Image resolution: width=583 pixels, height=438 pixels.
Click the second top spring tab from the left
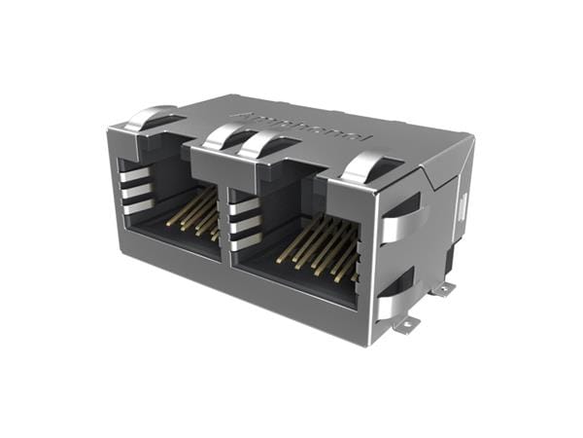225,136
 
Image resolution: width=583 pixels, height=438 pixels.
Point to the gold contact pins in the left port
195,212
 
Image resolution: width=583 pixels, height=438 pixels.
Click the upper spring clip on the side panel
400,221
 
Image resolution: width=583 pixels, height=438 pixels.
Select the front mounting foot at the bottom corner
406,324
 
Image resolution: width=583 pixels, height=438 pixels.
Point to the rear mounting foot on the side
443,288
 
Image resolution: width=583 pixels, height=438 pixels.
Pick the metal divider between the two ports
226,214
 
